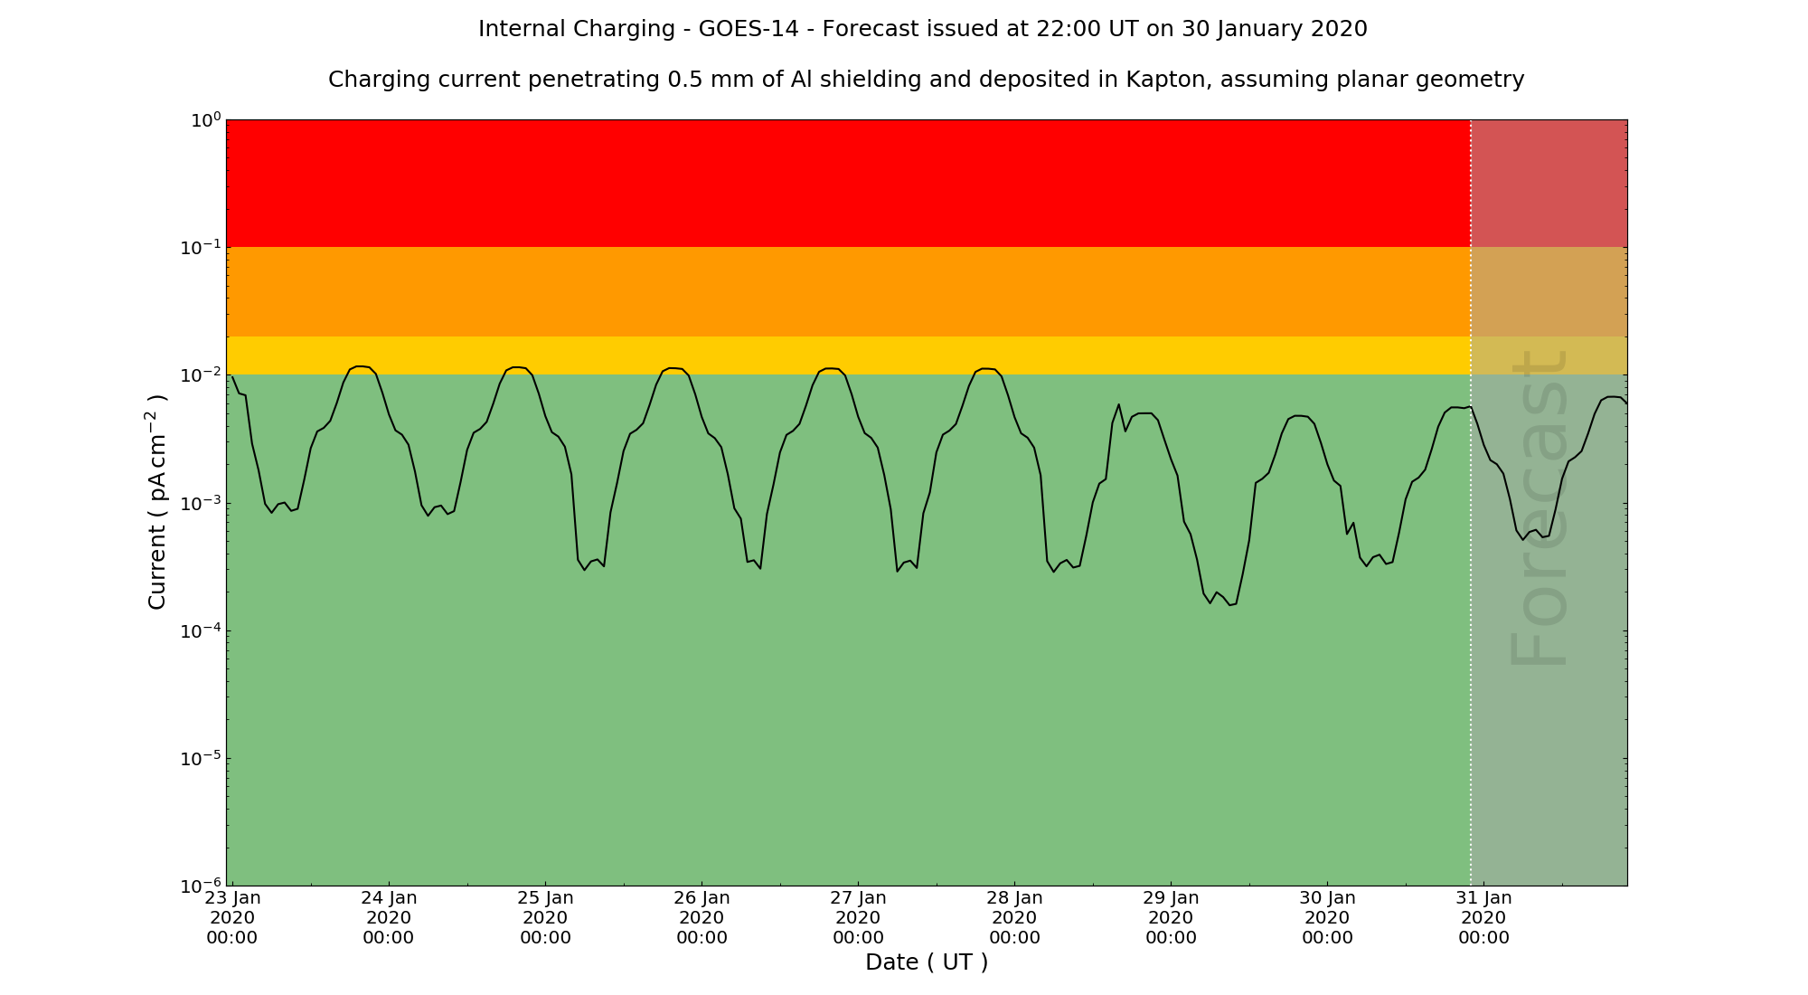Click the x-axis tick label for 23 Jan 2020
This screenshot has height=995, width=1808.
232,917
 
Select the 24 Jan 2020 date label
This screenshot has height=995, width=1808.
389,917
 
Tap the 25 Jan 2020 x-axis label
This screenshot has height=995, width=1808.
545,917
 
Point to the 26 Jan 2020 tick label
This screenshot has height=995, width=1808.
702,917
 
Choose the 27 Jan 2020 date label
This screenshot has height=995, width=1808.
858,917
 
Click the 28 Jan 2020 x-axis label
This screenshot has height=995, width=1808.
1014,917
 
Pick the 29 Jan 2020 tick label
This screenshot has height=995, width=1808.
1171,917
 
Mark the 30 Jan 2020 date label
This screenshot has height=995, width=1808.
1327,917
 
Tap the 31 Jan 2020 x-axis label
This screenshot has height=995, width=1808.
1483,917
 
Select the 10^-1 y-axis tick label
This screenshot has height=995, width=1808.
201,248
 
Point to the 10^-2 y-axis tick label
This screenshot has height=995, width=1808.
201,375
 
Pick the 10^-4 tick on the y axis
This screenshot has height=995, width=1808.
201,630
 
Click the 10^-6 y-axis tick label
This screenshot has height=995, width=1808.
201,886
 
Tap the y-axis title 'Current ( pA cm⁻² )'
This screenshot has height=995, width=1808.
156,502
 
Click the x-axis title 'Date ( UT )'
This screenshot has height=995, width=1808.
927,962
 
